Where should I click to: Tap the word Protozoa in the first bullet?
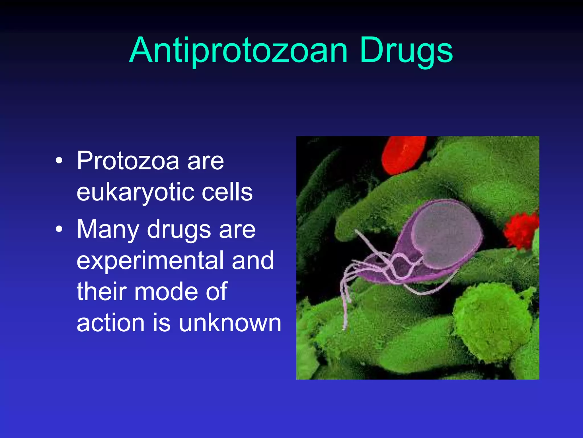pyautogui.click(x=128, y=161)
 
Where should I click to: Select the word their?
pyautogui.click(x=101, y=291)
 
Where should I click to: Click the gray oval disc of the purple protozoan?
pyautogui.click(x=446, y=234)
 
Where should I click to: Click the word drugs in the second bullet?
pyautogui.click(x=179, y=230)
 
